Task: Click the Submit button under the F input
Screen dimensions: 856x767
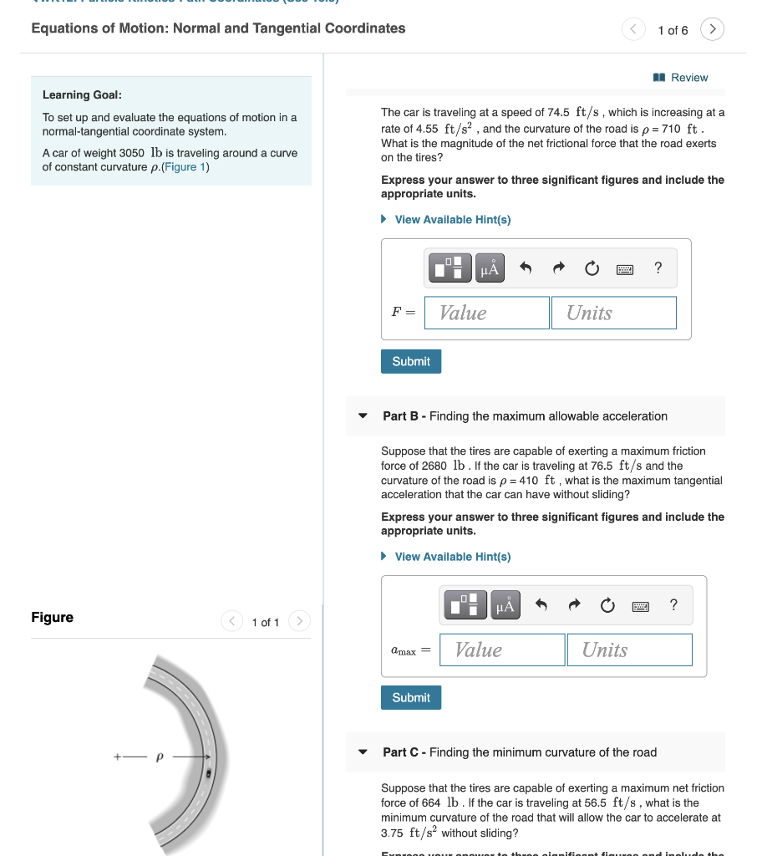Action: click(411, 361)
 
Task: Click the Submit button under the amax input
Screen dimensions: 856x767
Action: click(411, 697)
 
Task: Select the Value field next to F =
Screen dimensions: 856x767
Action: click(486, 313)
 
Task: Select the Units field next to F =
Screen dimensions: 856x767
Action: click(613, 313)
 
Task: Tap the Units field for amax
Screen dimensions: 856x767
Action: click(629, 650)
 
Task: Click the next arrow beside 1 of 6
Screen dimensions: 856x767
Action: click(712, 29)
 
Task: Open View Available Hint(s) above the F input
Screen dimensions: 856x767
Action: click(452, 220)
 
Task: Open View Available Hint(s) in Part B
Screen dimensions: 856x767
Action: click(452, 557)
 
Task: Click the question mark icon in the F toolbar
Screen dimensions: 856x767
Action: click(658, 267)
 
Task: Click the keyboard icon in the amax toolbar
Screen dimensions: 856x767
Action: click(640, 605)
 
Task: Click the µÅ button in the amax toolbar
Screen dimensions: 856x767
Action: click(505, 605)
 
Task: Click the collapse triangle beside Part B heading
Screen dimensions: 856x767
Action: click(363, 416)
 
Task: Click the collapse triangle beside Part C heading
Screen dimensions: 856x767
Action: click(363, 752)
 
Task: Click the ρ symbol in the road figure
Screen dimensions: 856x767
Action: click(159, 757)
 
